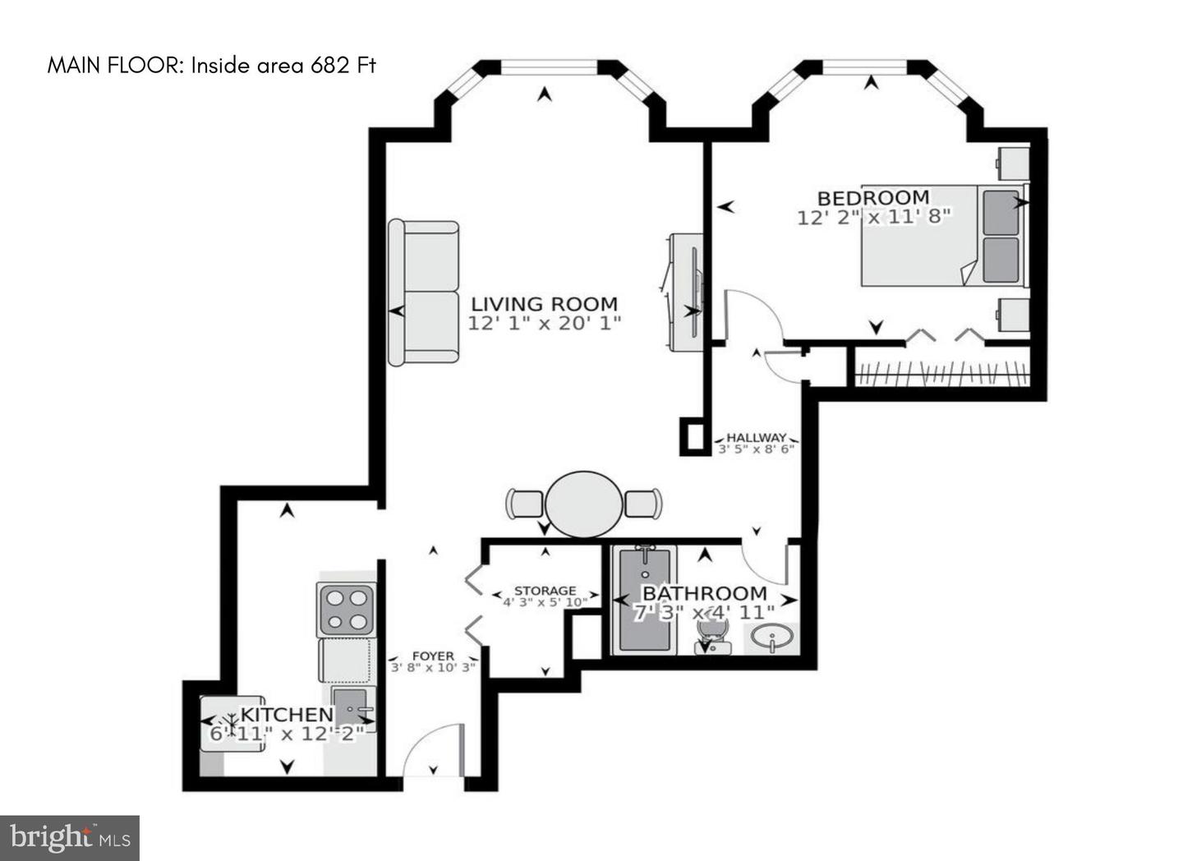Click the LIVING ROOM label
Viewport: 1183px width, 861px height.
point(544,304)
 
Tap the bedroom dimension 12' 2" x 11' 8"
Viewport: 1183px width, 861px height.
point(874,217)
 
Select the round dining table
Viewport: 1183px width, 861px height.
point(583,504)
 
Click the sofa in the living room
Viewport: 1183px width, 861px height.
point(424,292)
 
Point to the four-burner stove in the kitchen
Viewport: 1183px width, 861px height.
point(347,610)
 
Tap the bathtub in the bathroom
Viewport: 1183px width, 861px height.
point(645,601)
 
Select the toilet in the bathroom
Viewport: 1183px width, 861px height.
point(713,637)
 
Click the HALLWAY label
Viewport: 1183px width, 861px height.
point(757,437)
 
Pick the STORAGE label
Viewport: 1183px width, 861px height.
point(545,591)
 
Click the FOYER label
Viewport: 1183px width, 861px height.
point(433,656)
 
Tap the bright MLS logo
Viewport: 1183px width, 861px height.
point(70,838)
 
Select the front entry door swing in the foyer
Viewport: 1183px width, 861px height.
point(433,749)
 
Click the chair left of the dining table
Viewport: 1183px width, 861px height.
point(524,504)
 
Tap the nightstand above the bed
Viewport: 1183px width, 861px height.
point(1012,163)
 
